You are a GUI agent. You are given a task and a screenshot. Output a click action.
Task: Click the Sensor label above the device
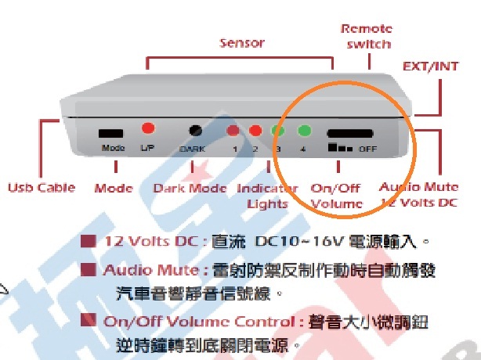pyautogui.click(x=242, y=42)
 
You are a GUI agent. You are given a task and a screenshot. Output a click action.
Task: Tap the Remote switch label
pyautogui.click(x=366, y=36)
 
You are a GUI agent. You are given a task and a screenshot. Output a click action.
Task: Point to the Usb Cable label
pyautogui.click(x=42, y=188)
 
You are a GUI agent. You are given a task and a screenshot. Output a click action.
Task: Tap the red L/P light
pyautogui.click(x=147, y=128)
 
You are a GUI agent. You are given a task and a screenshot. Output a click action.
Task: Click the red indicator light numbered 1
pyautogui.click(x=233, y=131)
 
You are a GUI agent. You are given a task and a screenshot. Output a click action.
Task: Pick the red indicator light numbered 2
pyautogui.click(x=255, y=131)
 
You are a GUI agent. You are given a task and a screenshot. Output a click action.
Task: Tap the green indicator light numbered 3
pyautogui.click(x=277, y=131)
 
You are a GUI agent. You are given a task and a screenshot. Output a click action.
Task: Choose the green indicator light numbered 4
pyautogui.click(x=303, y=131)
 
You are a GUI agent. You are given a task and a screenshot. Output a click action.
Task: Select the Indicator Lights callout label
pyautogui.click(x=267, y=196)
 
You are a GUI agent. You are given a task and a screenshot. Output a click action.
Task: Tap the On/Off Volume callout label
pyautogui.click(x=337, y=196)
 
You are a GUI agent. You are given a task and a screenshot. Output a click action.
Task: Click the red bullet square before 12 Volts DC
pyautogui.click(x=89, y=240)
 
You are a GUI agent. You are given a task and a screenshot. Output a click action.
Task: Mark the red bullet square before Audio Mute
pyautogui.click(x=89, y=270)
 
